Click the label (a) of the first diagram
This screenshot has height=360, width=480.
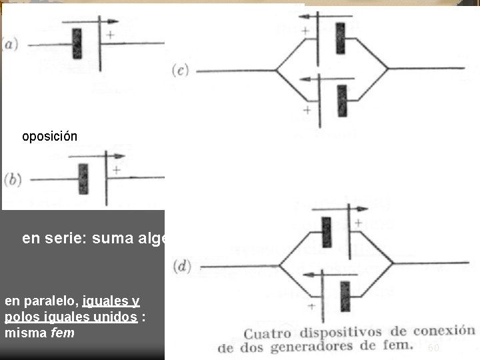11,45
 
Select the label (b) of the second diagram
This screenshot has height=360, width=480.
12,179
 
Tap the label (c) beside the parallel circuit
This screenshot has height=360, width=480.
181,69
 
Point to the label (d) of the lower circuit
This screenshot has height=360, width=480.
182,267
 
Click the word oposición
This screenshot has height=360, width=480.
49,137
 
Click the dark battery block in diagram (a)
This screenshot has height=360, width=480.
77,43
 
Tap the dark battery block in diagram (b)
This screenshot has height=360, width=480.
83,179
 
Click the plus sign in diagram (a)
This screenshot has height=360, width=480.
110,35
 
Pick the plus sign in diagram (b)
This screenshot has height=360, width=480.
117,170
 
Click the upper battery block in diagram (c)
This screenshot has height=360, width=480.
341,38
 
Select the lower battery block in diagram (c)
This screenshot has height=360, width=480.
342,101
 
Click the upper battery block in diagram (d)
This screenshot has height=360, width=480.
326,232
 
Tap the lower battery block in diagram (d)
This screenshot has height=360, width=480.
345,296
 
